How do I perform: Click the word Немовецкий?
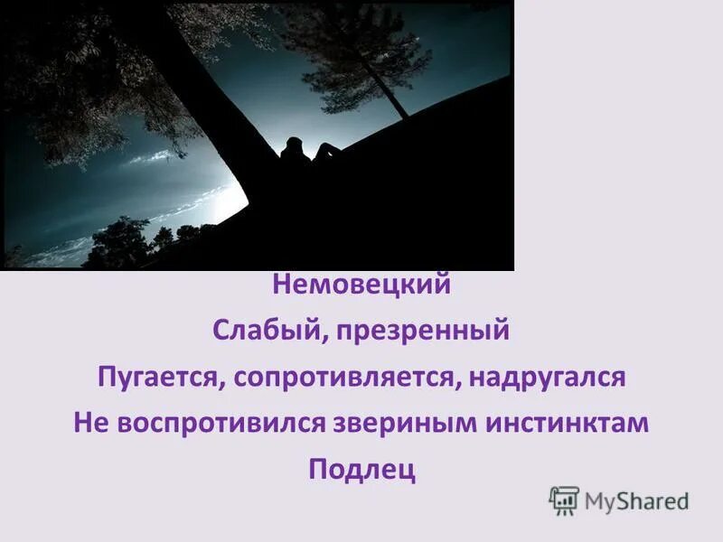coord(361,286)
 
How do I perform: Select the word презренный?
coord(424,331)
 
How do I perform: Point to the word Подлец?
coord(361,470)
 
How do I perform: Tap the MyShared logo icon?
coord(564,500)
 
